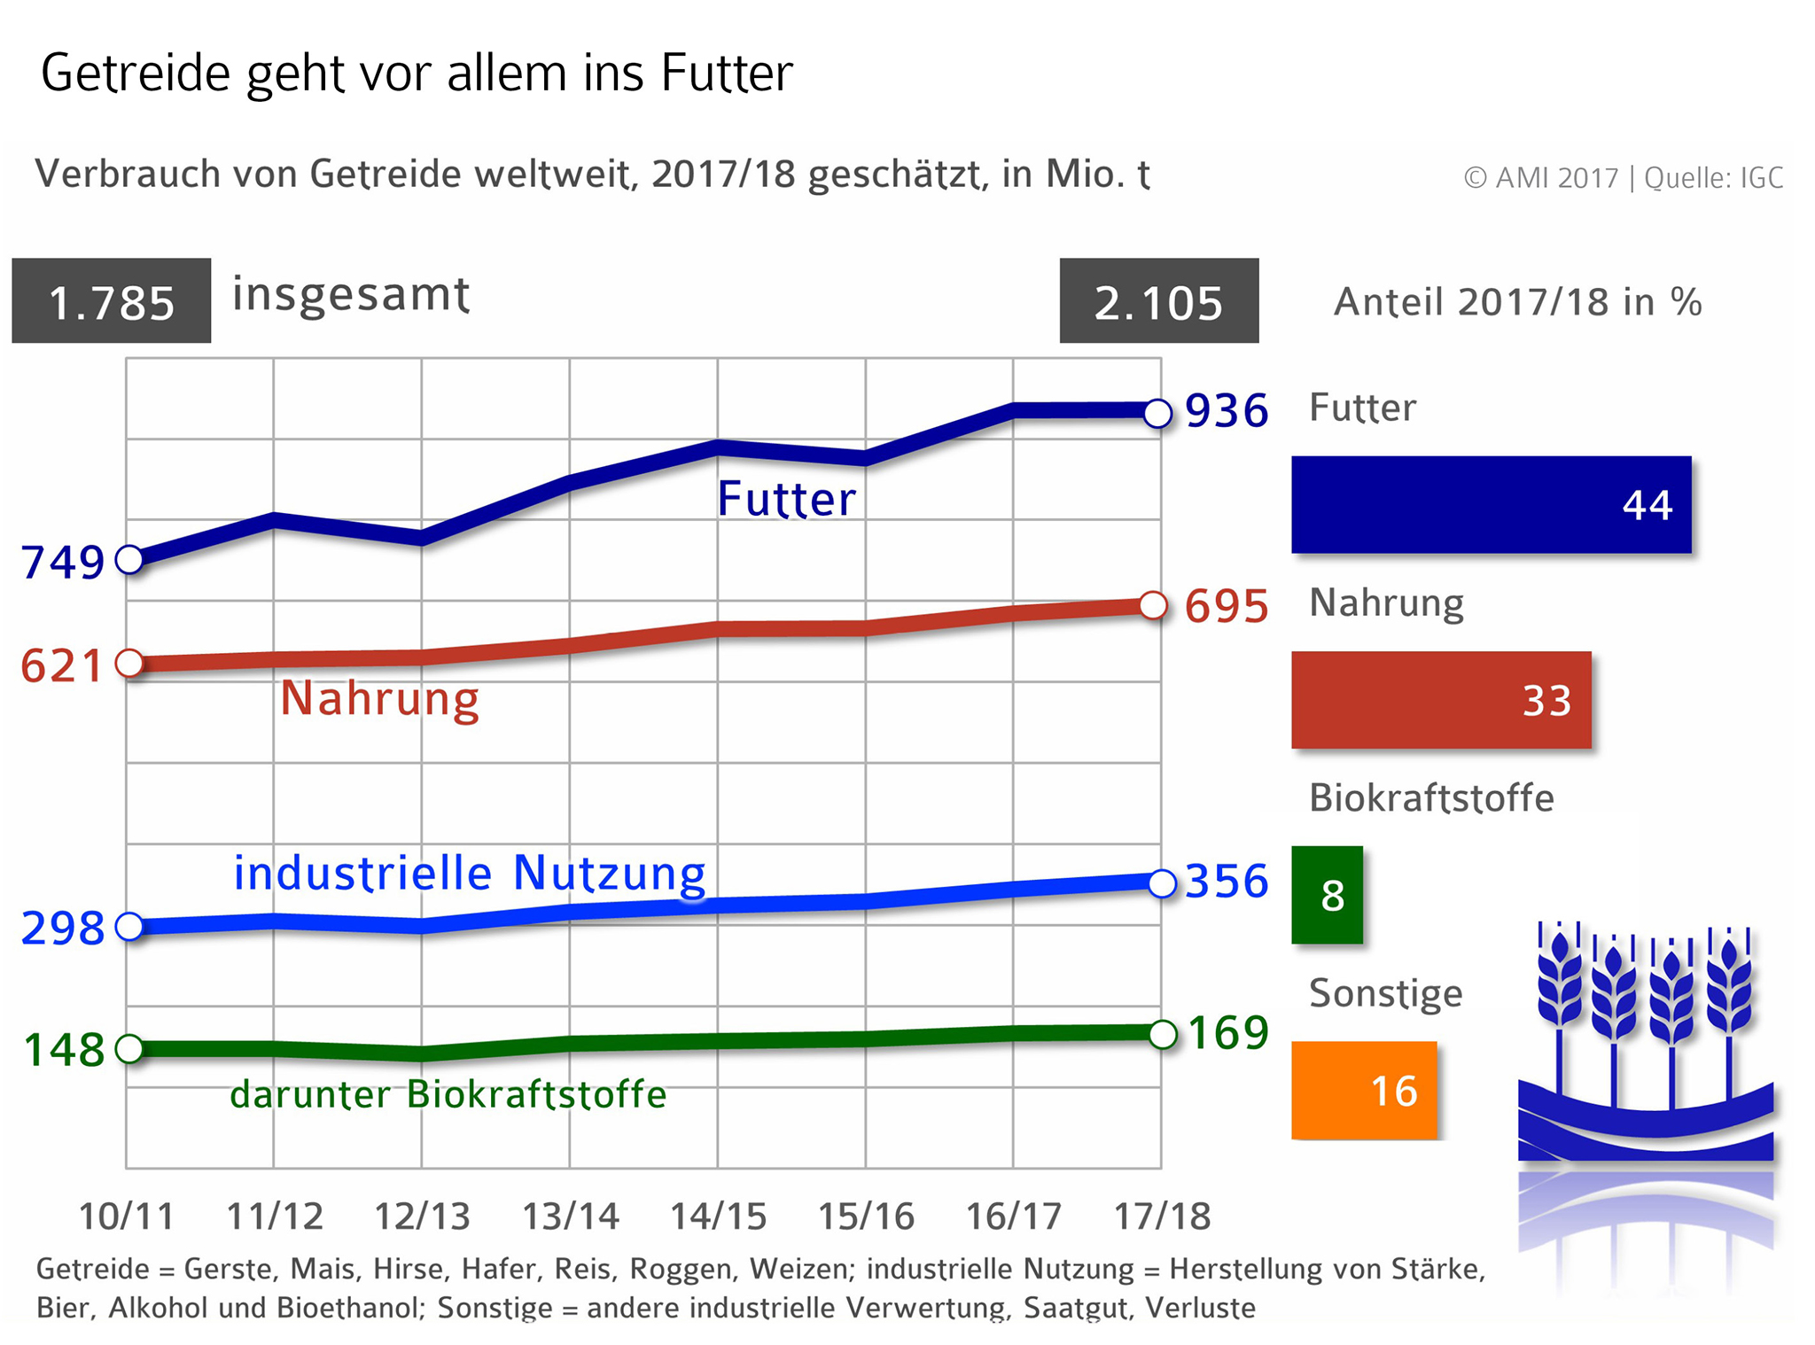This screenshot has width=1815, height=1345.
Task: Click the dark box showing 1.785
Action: [112, 301]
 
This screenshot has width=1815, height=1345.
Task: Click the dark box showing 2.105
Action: [1158, 301]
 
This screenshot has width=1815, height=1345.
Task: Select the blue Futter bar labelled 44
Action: [1491, 504]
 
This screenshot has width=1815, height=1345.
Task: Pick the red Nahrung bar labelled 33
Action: [1441, 700]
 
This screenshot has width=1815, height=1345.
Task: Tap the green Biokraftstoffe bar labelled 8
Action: [1327, 895]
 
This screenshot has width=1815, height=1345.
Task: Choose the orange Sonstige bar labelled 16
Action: [1364, 1090]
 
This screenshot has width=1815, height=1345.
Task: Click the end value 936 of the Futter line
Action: [1227, 411]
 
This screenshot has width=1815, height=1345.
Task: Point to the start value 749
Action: [62, 562]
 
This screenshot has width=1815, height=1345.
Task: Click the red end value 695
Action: [1227, 607]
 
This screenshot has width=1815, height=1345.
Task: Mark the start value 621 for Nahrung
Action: [61, 665]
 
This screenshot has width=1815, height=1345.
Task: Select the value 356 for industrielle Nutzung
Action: [1227, 882]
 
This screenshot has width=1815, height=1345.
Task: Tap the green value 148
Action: [63, 1050]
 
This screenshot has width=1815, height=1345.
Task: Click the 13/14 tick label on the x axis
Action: [570, 1217]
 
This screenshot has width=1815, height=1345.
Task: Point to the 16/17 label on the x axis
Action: [1013, 1217]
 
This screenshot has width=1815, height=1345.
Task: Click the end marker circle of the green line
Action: [1162, 1034]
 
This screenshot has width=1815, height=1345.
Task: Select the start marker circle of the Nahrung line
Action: [129, 663]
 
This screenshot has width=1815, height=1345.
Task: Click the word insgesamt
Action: [351, 294]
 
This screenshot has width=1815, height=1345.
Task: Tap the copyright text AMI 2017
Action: [1542, 178]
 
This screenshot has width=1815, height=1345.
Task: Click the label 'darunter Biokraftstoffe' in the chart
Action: [448, 1094]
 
